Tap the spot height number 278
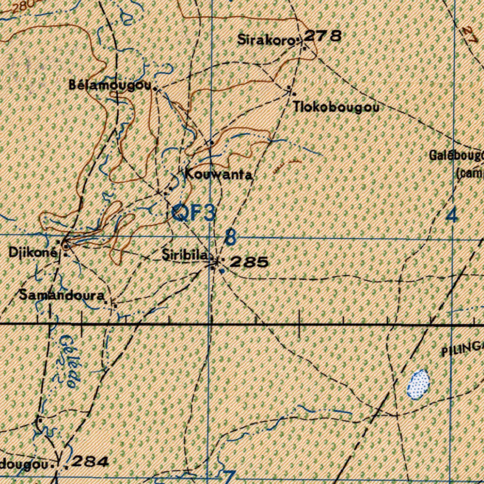tap(322, 36)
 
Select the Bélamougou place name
tap(110, 85)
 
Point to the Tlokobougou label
tap(336, 107)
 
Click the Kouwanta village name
tap(218, 174)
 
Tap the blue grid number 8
tap(230, 237)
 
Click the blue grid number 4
tap(452, 215)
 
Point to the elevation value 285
tap(249, 262)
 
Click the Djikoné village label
tap(33, 252)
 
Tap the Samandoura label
tap(61, 296)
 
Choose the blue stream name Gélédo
tap(69, 362)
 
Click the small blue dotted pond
tap(418, 383)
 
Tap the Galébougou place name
tap(457, 155)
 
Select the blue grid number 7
tap(228, 475)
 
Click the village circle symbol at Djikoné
tap(65, 245)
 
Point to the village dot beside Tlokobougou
tap(290, 88)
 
